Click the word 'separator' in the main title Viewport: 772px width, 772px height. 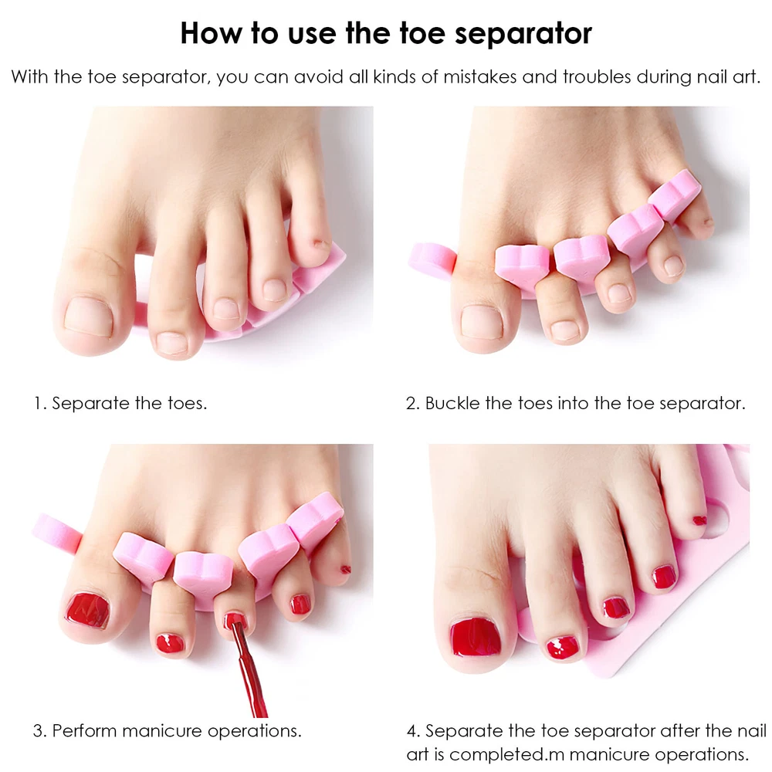click(523, 34)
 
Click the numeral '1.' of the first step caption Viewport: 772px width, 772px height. click(40, 403)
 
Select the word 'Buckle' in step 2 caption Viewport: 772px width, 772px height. click(452, 403)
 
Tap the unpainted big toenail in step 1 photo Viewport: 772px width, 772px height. click(89, 317)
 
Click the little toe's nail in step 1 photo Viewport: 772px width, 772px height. click(321, 244)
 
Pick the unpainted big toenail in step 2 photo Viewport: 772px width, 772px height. click(482, 323)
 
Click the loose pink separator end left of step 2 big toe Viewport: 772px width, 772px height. click(432, 260)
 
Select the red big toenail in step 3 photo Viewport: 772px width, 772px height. click(88, 611)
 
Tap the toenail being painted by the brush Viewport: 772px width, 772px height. click(235, 621)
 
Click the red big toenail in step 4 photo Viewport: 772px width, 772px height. click(476, 638)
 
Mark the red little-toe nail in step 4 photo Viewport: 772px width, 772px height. click(699, 520)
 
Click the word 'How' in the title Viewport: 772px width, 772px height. click(212, 33)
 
